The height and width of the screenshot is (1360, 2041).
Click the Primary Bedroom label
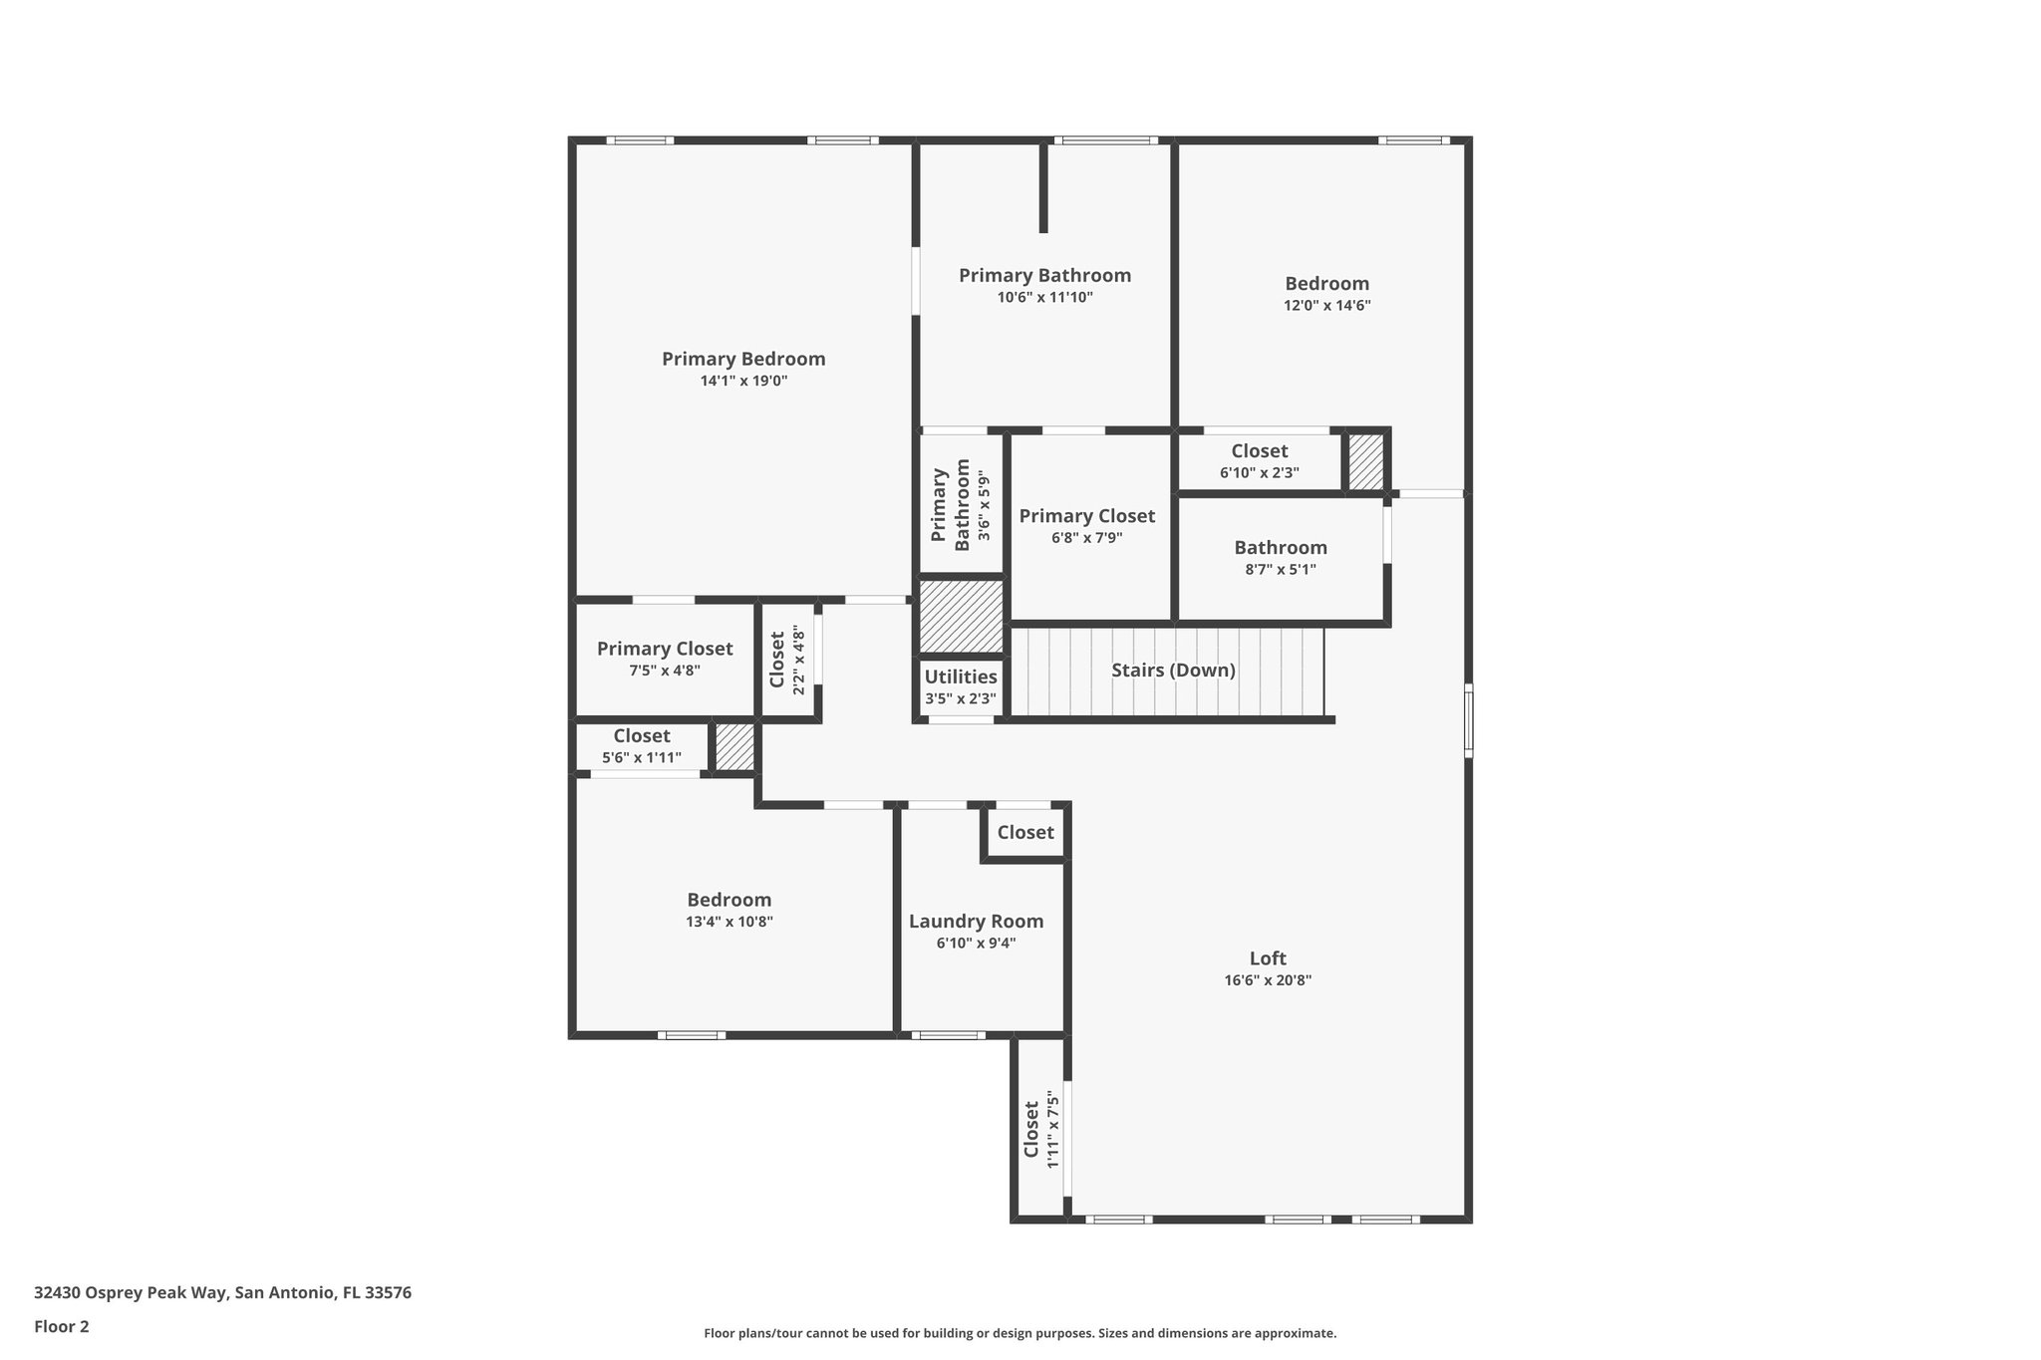[743, 359]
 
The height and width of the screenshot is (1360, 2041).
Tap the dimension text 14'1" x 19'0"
[743, 381]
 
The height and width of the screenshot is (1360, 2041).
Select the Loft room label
[1268, 958]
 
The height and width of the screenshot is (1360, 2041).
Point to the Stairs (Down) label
[1173, 671]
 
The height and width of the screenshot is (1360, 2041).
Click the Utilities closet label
[960, 678]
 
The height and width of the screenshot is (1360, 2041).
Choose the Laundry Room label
[976, 922]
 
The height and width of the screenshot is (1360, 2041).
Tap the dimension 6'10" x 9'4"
[976, 944]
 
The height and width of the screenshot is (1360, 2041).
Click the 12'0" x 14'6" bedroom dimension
[1326, 306]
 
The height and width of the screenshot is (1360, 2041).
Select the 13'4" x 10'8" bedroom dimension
[729, 922]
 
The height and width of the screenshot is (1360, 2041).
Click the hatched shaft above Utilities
[960, 616]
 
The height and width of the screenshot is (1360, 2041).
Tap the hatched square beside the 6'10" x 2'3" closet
[1365, 461]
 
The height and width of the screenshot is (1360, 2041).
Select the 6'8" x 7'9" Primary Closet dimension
[1086, 538]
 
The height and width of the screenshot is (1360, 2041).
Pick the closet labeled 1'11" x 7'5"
[1040, 1129]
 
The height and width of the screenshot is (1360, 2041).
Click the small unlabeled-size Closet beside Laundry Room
[1025, 832]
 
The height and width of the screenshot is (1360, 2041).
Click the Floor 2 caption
[62, 1326]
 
